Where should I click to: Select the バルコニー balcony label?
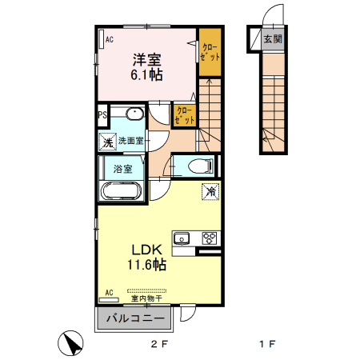tap(136, 318)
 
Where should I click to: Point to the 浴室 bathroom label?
tap(122, 169)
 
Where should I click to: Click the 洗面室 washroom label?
tap(130, 141)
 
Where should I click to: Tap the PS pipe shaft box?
tap(102, 114)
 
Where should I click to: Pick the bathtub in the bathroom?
tap(121, 191)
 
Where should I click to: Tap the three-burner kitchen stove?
tap(210, 238)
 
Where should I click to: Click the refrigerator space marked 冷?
tap(210, 191)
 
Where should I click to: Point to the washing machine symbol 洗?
tap(107, 142)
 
